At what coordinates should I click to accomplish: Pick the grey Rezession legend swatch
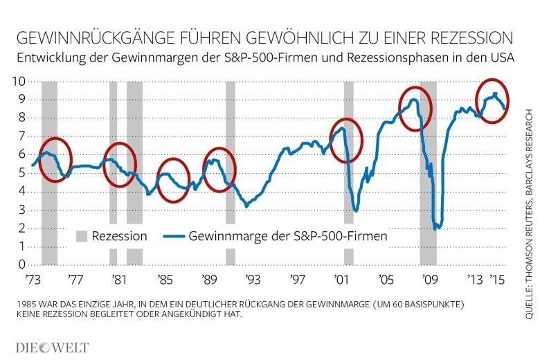(x=80, y=236)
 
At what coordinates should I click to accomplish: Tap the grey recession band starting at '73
(x=49, y=173)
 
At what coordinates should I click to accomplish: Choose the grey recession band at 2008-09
(x=429, y=173)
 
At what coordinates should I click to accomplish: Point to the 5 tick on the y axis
(x=22, y=173)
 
